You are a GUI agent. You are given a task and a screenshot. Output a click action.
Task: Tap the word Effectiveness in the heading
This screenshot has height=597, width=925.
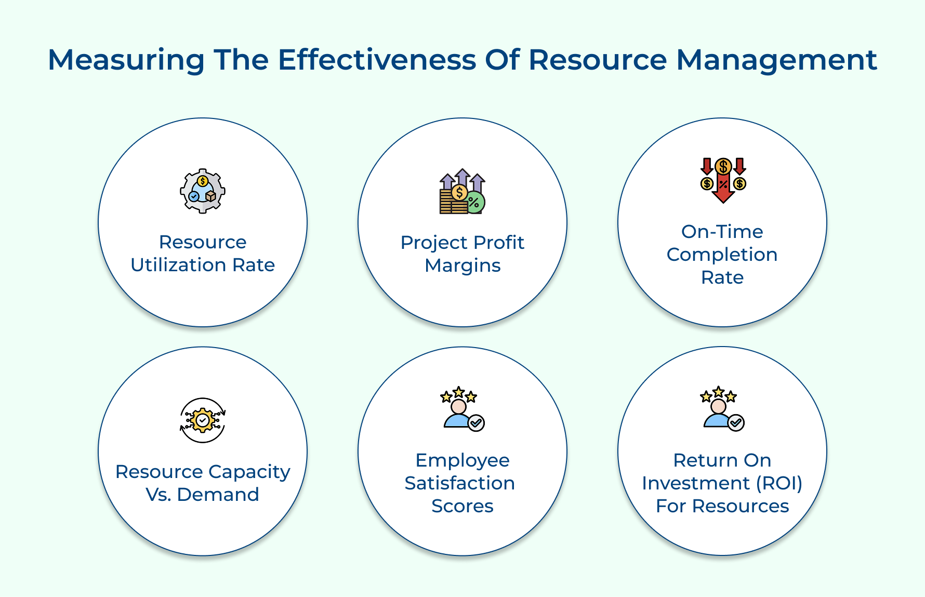click(377, 59)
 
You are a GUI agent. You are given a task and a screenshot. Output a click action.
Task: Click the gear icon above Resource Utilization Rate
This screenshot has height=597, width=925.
click(203, 191)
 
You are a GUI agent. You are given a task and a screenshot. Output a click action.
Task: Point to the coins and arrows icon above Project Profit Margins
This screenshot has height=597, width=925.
click(462, 191)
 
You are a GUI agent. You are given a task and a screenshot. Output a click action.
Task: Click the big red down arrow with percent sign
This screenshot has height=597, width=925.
click(723, 186)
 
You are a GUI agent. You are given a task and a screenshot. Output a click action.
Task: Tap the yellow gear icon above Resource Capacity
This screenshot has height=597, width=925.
click(203, 420)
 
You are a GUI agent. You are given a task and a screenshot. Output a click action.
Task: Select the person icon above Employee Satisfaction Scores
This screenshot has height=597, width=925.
click(462, 409)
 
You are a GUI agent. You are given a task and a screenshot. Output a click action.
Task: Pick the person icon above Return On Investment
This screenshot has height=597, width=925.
click(722, 409)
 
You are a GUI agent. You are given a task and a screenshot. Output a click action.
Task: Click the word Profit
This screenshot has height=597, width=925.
click(499, 242)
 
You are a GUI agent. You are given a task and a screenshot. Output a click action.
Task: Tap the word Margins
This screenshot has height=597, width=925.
click(462, 266)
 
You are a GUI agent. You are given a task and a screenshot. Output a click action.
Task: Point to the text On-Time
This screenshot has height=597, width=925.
click(722, 232)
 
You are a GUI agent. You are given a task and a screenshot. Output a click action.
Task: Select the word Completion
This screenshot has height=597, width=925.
click(722, 255)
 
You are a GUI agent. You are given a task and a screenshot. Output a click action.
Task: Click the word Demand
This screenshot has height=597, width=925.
click(218, 495)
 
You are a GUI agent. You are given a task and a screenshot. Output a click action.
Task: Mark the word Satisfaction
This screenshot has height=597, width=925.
click(460, 483)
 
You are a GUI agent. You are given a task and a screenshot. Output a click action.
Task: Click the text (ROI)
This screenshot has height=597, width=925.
click(779, 484)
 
